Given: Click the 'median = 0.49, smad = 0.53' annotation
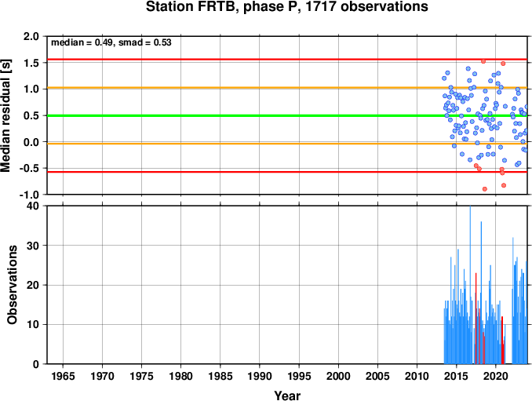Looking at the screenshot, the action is [111, 42].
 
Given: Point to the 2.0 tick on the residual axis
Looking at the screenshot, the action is [31, 36].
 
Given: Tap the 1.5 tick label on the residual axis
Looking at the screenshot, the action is [31, 63].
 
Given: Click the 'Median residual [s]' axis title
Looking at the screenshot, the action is [5, 115].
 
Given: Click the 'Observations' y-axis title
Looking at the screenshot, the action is [13, 285].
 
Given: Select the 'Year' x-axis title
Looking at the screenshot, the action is [287, 396].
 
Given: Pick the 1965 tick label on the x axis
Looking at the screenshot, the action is [63, 376].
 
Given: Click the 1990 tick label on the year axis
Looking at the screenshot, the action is [260, 376].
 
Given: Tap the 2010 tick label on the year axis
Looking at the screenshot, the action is [417, 376].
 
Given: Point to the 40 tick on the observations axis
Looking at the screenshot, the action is [33, 206].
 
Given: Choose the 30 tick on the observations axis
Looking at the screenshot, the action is [33, 246].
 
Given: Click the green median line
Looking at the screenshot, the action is [287, 115].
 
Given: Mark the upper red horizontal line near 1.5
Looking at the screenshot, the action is [287, 60].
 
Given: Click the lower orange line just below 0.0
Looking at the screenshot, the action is [287, 144].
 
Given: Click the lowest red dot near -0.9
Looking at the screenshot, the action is [485, 189].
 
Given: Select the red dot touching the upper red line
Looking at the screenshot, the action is [483, 61].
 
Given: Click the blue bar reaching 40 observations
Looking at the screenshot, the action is [470, 285].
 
